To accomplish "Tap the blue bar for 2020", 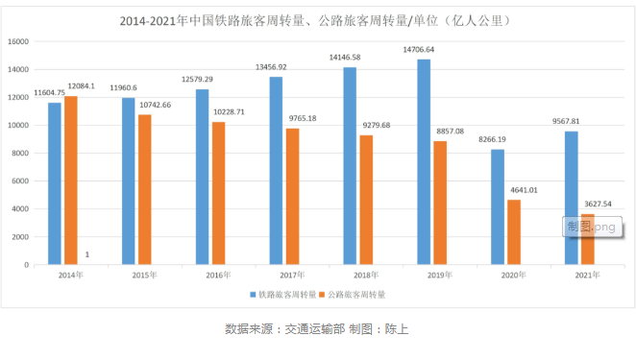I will click(498, 206).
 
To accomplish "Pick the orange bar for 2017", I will click(292, 196).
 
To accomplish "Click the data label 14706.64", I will click(418, 49).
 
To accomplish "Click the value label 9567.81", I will click(565, 122).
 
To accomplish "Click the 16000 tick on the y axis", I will click(18, 41).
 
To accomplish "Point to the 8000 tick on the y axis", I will click(20, 153).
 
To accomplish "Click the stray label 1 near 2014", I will click(87, 253).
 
